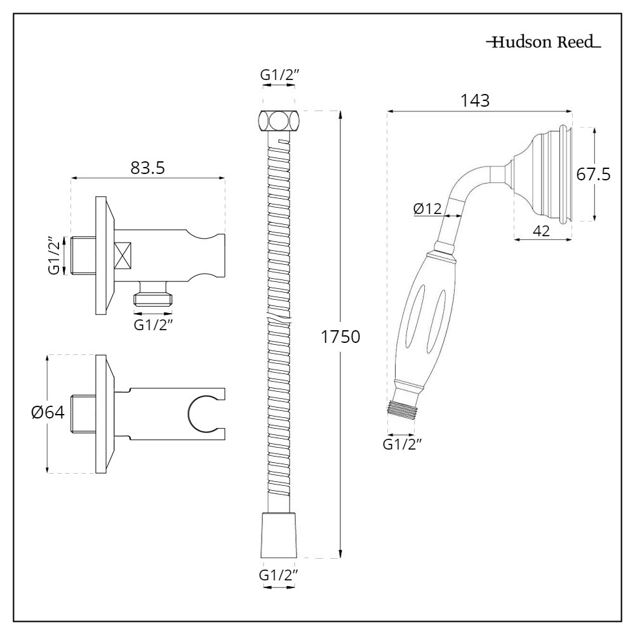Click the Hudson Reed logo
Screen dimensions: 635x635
tap(543, 43)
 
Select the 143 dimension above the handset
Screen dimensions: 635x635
tap(476, 100)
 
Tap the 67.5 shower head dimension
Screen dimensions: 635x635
tap(594, 174)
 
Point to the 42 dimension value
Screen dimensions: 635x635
tap(540, 231)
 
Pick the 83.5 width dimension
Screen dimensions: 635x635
tap(148, 168)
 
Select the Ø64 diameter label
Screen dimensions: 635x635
tap(48, 412)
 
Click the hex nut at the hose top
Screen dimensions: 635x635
tap(278, 121)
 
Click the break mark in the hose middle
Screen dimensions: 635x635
tap(278, 317)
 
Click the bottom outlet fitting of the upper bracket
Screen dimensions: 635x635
tap(153, 297)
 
